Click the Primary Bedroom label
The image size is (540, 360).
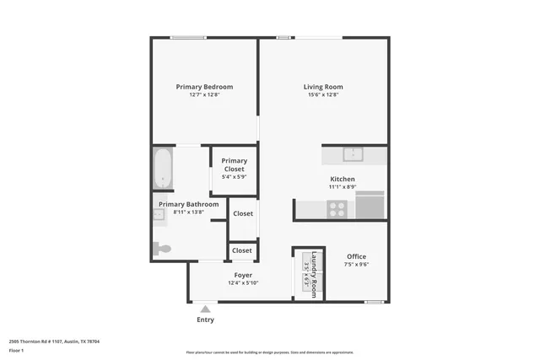click(204, 87)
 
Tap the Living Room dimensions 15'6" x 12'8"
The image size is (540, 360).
click(322, 95)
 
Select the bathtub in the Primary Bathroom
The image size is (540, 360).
click(163, 169)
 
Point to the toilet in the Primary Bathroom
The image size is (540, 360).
click(162, 249)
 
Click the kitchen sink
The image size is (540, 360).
click(353, 154)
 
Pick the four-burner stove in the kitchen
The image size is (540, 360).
click(337, 207)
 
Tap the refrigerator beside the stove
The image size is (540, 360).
click(370, 205)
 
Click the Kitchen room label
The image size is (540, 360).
click(342, 180)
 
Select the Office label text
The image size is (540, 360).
click(355, 256)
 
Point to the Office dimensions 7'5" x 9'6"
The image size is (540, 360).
click(355, 265)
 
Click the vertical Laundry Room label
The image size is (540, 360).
click(313, 274)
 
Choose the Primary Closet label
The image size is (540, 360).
click(234, 164)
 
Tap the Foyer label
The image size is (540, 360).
click(242, 275)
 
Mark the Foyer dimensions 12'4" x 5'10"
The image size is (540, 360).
click(242, 283)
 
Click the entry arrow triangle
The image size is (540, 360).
click(204, 309)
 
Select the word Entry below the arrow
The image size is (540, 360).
click(205, 320)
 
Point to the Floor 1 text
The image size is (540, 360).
click(16, 350)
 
